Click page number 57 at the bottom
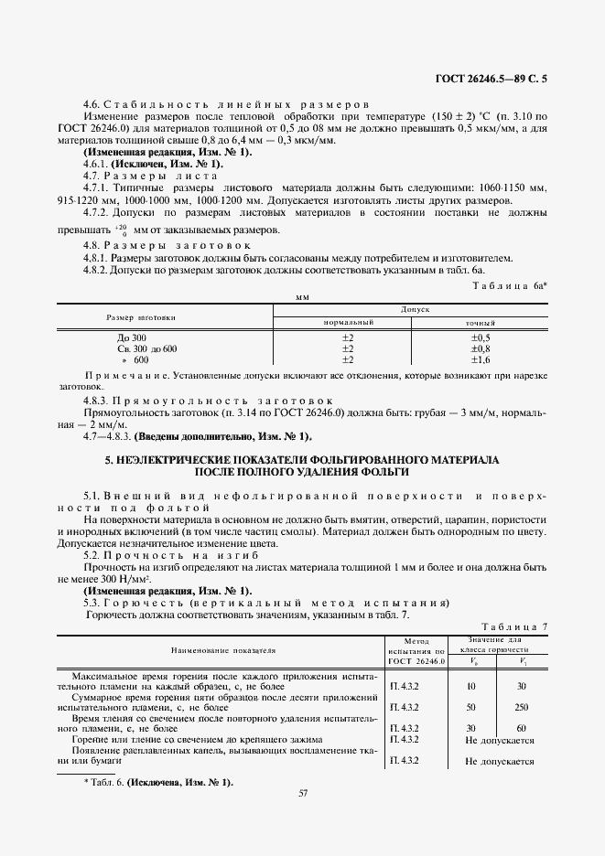(x=302, y=793)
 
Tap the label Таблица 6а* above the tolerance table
(x=510, y=286)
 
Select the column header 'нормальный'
(x=349, y=323)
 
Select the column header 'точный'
(x=481, y=323)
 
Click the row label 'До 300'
(x=120, y=337)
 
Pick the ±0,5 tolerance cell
(x=481, y=337)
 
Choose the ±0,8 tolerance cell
(x=481, y=348)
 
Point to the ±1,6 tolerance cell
(x=481, y=359)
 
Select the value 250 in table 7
(x=522, y=707)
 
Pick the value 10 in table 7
(x=471, y=684)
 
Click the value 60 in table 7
(x=522, y=727)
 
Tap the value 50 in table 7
(x=471, y=707)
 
